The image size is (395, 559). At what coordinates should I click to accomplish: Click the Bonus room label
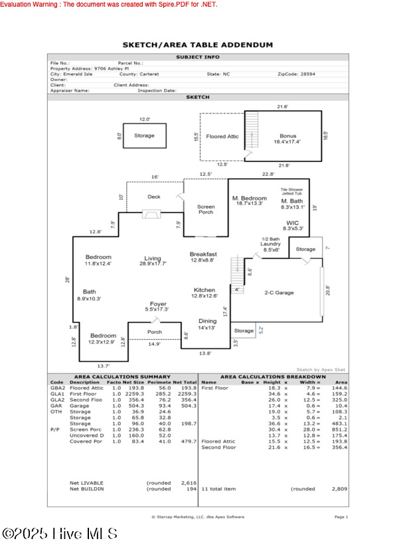pos(287,135)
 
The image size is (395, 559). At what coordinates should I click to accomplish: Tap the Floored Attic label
pos(222,136)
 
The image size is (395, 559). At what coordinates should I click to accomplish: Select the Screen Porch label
pos(206,210)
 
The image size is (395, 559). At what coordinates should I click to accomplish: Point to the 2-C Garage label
pos(279,293)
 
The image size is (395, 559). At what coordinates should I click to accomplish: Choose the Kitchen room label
pos(204,290)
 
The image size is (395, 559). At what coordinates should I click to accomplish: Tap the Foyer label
pos(157,304)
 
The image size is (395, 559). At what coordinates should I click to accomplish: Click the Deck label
pos(154,197)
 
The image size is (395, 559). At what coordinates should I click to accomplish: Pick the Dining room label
pos(207,321)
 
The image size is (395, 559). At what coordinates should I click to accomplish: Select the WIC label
pos(293,223)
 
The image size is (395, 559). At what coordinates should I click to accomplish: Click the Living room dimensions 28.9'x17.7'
pos(153,264)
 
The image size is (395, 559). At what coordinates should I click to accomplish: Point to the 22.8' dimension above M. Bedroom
pos(268,175)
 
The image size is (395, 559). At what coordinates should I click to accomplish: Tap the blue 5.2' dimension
pos(261,328)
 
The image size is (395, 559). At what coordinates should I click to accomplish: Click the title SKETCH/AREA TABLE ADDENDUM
pos(198,45)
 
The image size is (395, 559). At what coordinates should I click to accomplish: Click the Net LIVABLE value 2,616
pos(189,483)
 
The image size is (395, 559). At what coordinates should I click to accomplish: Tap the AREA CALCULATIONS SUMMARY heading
pos(121,376)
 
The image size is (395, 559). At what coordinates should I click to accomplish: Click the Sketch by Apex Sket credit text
pos(321,369)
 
